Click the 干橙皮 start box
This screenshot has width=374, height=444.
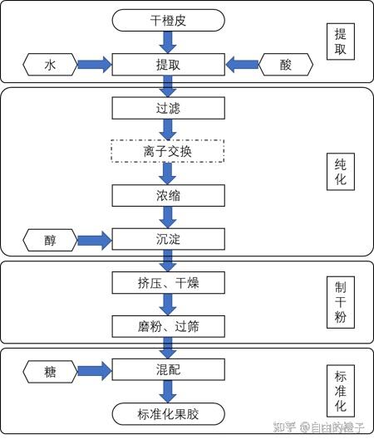point(169,20)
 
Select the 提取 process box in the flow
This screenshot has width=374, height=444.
point(169,65)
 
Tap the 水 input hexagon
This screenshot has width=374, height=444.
point(50,65)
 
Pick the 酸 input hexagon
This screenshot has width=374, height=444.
point(286,65)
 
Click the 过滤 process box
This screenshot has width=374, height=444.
point(169,108)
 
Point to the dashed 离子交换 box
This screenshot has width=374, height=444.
point(168,151)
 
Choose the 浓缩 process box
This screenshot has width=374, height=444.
point(169,195)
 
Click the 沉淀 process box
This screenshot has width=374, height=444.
point(169,239)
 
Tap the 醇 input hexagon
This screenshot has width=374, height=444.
point(50,240)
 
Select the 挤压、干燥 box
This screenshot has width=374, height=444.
point(169,283)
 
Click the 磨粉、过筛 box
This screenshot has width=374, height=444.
point(169,326)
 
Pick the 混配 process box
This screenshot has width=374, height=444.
point(169,369)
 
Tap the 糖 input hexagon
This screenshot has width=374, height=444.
point(50,372)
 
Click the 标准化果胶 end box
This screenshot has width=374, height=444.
point(169,414)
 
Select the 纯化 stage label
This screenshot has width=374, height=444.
point(341,172)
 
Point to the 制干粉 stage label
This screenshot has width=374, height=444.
point(341,302)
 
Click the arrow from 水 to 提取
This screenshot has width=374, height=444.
point(95,65)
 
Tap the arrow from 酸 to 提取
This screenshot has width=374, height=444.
point(242,65)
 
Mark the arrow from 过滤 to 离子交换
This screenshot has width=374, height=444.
point(168,129)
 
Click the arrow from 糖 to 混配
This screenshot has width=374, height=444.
point(95,371)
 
